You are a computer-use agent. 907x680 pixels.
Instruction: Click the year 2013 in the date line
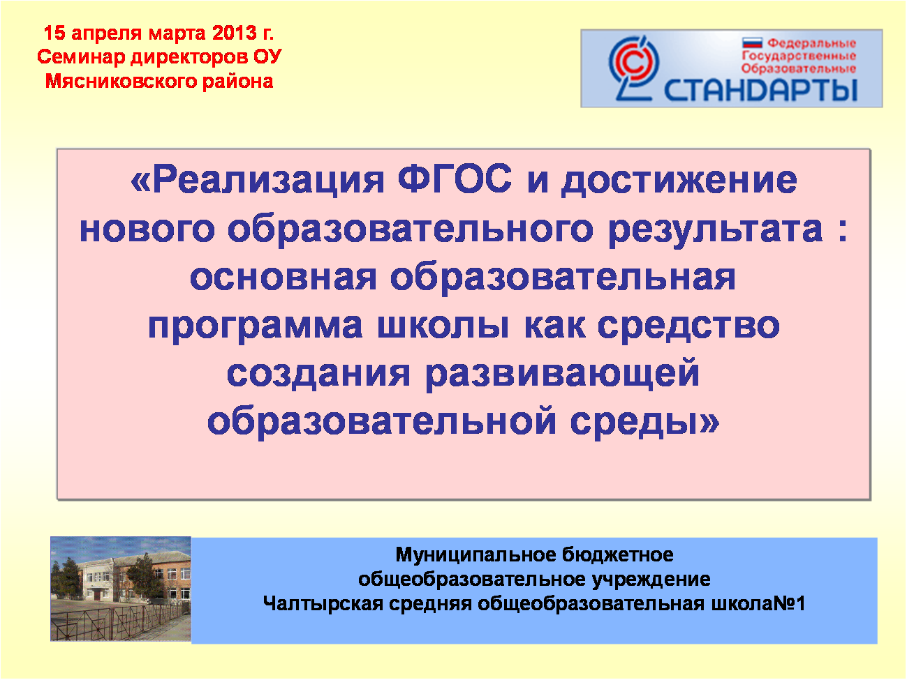(235, 33)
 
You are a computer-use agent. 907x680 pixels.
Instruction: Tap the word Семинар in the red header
(81, 57)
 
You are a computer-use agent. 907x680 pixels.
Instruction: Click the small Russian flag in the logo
(752, 43)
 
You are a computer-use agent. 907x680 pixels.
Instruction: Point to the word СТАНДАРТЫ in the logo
(761, 89)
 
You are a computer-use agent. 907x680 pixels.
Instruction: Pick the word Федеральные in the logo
(811, 43)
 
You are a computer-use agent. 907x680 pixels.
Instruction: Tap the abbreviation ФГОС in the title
(455, 179)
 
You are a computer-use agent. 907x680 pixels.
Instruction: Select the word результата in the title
(716, 230)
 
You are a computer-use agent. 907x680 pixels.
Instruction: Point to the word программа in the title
(256, 326)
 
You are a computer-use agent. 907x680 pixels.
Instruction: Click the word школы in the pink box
(443, 326)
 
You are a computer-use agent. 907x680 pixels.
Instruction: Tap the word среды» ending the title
(644, 422)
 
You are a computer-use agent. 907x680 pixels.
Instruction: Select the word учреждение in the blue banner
(651, 580)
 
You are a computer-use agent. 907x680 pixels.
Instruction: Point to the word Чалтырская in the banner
(323, 604)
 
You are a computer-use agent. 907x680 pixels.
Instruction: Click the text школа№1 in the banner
(758, 604)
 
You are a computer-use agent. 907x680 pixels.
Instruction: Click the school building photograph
(121, 589)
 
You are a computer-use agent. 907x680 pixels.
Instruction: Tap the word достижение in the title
(679, 181)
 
